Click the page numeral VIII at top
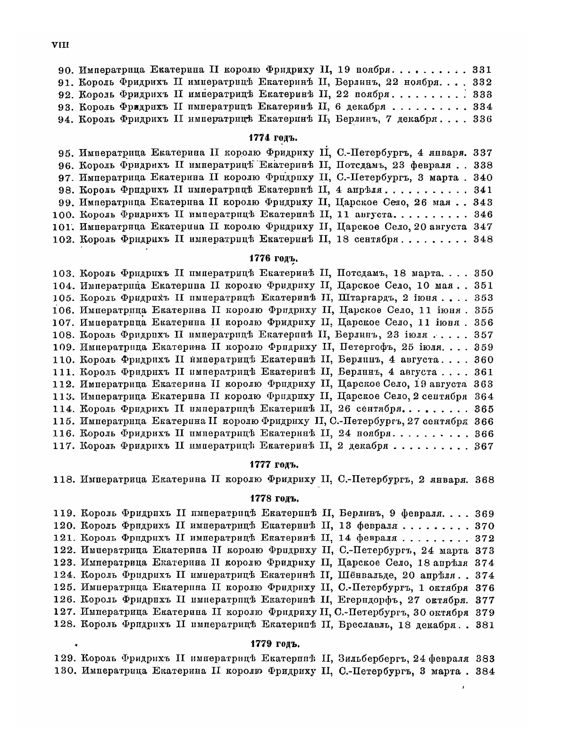(x=60, y=45)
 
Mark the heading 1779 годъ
(x=275, y=644)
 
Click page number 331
(x=482, y=69)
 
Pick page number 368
(x=484, y=480)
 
